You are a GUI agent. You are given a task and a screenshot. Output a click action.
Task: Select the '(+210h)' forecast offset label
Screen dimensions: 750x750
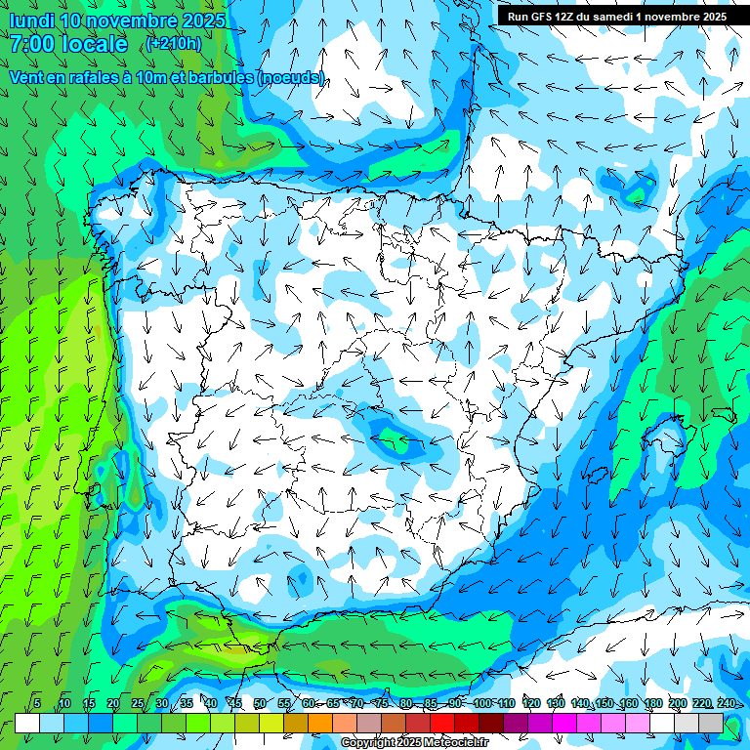point(174,43)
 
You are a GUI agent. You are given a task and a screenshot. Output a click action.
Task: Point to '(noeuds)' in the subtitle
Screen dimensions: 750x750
point(291,77)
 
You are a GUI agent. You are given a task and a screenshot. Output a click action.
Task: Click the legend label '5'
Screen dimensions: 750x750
point(37,703)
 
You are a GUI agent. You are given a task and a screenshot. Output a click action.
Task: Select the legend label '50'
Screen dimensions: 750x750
point(259,703)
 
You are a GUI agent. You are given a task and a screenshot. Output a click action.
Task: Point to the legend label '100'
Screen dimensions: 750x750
point(480,703)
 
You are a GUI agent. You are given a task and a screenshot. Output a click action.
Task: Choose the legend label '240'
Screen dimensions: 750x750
point(727,703)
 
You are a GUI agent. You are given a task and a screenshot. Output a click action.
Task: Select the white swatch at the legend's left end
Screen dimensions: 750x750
point(26,723)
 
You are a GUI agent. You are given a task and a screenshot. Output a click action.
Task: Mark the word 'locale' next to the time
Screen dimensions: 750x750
point(94,44)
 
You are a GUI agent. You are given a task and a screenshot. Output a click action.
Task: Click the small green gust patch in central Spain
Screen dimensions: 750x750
point(396,441)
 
